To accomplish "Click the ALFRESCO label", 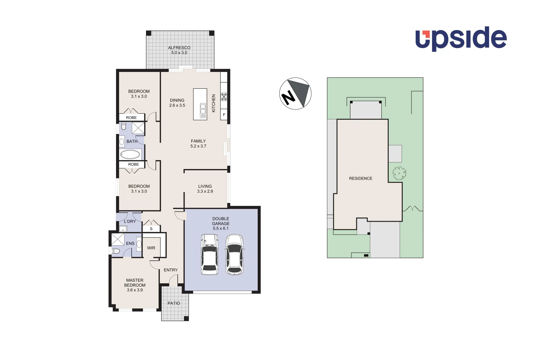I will (179, 48).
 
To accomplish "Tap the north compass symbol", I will (295, 94).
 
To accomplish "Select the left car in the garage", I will (210, 254).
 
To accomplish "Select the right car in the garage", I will (234, 254).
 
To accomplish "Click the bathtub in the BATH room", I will (130, 154).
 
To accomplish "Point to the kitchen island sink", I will (203, 111).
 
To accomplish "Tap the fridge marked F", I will (224, 115).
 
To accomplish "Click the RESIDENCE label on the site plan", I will (360, 178).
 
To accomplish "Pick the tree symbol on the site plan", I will (399, 173).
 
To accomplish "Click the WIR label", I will (151, 248).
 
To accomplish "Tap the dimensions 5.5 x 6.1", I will (221, 228).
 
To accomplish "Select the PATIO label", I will (174, 303).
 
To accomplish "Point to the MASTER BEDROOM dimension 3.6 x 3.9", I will (135, 290).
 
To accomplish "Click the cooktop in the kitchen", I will (224, 97).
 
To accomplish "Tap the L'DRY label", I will (130, 221).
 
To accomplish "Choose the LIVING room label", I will (205, 186).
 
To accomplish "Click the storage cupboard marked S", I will (151, 229).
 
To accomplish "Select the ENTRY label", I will (171, 270).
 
